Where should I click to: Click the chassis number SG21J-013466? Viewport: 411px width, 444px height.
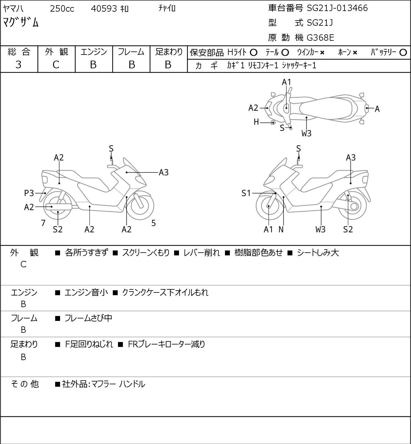click(x=337, y=8)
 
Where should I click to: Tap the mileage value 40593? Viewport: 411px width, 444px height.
click(x=104, y=9)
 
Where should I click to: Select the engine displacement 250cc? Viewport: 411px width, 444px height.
click(x=62, y=9)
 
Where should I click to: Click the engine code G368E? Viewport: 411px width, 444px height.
click(x=320, y=38)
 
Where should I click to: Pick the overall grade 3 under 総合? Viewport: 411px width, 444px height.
click(x=18, y=65)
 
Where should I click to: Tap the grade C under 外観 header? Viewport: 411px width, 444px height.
click(x=56, y=65)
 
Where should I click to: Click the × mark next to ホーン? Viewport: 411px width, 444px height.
click(x=355, y=53)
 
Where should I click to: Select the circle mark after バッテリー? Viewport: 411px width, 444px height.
click(x=403, y=53)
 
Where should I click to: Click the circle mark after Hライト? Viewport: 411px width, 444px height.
click(x=253, y=53)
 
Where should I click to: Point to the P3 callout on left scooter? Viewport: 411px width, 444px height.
click(x=29, y=193)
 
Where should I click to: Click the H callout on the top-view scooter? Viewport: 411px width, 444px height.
click(x=256, y=122)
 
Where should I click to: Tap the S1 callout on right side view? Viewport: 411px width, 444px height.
click(x=246, y=193)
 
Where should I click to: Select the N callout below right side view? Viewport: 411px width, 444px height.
click(x=281, y=229)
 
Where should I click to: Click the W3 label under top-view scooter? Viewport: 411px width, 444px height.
click(x=306, y=134)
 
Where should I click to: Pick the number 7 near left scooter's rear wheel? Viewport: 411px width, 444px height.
click(x=43, y=223)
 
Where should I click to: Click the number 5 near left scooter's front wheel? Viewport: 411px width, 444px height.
click(x=153, y=223)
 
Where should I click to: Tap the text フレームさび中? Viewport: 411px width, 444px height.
click(x=88, y=318)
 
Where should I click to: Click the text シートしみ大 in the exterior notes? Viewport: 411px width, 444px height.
click(x=318, y=253)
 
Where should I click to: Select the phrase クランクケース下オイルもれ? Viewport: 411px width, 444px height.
click(x=165, y=292)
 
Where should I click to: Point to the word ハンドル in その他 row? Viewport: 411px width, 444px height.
click(x=132, y=384)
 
